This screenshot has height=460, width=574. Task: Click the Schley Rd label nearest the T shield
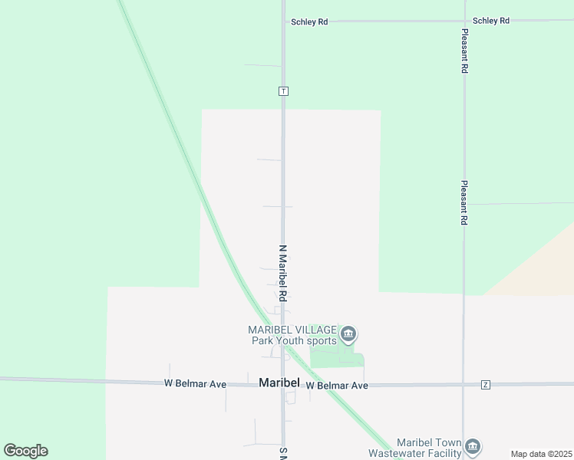click(309, 22)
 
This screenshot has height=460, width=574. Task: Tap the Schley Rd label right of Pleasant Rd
click(491, 21)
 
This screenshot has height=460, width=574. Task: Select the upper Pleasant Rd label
click(464, 52)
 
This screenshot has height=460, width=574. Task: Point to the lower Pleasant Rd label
click(464, 202)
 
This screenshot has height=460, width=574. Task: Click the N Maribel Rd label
click(282, 273)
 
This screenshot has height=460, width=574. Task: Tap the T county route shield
click(283, 90)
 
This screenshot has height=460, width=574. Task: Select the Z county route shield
click(485, 384)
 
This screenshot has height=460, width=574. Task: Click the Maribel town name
click(278, 382)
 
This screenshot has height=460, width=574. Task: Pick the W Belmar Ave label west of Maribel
click(195, 383)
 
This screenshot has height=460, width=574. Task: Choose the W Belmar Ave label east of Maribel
click(337, 386)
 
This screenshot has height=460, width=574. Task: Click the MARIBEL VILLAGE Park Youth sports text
click(292, 335)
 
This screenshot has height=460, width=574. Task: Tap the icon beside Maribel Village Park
click(348, 334)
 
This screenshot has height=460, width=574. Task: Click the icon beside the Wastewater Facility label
click(473, 446)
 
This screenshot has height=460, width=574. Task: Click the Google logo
click(25, 451)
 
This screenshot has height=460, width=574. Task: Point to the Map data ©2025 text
click(541, 454)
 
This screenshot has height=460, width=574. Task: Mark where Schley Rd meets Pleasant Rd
click(464, 21)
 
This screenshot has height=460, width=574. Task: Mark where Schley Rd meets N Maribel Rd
click(283, 21)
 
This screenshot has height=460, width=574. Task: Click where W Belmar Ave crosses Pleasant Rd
click(463, 384)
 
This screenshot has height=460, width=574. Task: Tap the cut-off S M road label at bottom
click(282, 454)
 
